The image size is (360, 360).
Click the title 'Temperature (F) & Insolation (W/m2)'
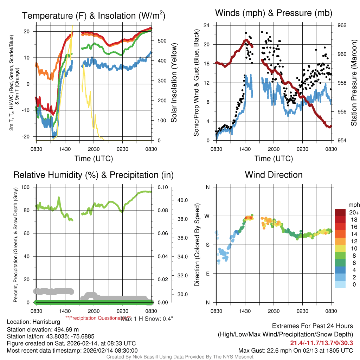94,16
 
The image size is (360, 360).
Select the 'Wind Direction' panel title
274,175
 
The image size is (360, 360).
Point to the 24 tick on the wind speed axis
207,25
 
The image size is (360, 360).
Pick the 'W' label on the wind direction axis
207,216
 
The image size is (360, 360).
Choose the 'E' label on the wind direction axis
207,274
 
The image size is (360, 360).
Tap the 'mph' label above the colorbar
353,205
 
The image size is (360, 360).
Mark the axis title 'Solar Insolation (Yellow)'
174,83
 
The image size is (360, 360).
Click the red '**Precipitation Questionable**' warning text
93,317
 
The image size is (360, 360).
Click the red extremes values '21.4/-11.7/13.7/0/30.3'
321,343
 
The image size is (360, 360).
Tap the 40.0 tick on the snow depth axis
182,200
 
